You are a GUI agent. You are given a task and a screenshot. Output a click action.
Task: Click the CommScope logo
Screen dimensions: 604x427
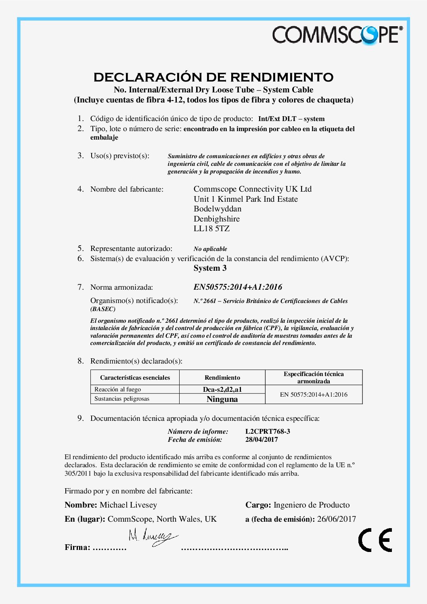pos(337,35)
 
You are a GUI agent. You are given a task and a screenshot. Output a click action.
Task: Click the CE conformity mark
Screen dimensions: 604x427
pos(375,540)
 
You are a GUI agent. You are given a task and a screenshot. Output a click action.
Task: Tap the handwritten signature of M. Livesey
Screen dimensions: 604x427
pos(153,537)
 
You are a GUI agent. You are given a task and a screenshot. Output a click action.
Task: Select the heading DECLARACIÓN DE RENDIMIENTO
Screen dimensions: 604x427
pos(213,77)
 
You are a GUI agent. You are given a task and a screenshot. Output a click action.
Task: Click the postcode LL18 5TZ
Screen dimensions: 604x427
pos(211,229)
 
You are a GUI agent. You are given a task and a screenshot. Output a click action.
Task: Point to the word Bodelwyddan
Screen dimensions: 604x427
pos(218,209)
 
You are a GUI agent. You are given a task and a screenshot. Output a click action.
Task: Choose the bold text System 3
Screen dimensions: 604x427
pos(210,268)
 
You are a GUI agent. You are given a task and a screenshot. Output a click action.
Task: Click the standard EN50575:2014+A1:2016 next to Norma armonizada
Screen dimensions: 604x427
pos(238,287)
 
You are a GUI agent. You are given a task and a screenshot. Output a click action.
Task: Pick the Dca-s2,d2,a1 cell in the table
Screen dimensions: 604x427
pos(222,389)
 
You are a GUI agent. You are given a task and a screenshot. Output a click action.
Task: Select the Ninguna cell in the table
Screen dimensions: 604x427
pos(222,399)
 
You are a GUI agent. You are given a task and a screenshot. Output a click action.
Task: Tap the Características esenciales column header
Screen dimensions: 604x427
pos(135,378)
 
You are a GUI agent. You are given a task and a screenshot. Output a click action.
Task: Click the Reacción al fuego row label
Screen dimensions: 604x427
pos(117,389)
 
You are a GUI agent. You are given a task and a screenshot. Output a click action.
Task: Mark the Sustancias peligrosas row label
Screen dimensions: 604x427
pos(121,399)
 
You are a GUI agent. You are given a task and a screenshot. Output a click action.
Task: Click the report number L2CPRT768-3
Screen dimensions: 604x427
pos(268,431)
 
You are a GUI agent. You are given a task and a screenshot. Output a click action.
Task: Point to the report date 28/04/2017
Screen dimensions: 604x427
pos(262,439)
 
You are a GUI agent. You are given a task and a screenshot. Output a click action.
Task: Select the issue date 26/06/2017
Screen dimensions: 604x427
pos(336,519)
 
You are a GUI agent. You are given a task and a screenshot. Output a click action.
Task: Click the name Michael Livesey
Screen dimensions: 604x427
pos(128,505)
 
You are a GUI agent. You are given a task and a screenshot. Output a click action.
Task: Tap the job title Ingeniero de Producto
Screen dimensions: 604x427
pos(312,505)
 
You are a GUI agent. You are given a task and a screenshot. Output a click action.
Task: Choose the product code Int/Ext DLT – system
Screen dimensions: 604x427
pos(291,119)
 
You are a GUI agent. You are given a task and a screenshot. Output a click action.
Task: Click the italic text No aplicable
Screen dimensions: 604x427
pos(210,249)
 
